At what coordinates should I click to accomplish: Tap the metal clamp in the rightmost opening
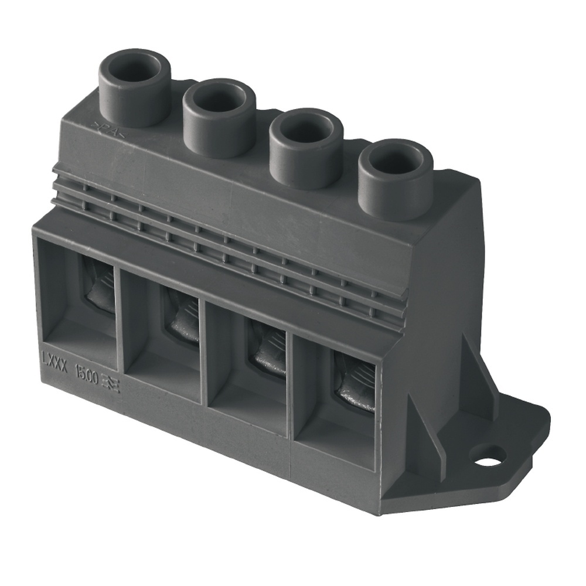[x=356, y=381]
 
